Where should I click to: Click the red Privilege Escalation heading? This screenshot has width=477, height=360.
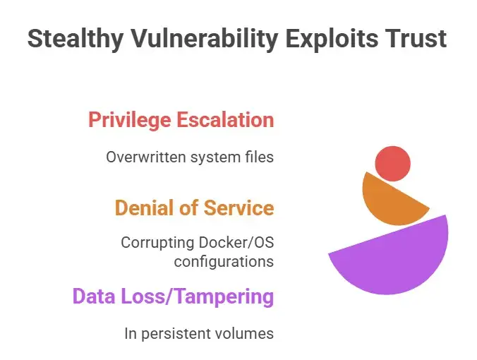pos(181,120)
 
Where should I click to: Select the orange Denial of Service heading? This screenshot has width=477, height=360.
pos(194,208)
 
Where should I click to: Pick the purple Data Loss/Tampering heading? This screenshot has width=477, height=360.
pos(173,296)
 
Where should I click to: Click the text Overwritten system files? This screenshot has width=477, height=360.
pos(190,157)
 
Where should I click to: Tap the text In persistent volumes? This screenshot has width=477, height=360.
pos(199,333)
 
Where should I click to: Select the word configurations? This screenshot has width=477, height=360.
pos(224,261)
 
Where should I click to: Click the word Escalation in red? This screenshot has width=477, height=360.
pos(227,120)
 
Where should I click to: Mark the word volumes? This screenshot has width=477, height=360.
pos(247,333)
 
